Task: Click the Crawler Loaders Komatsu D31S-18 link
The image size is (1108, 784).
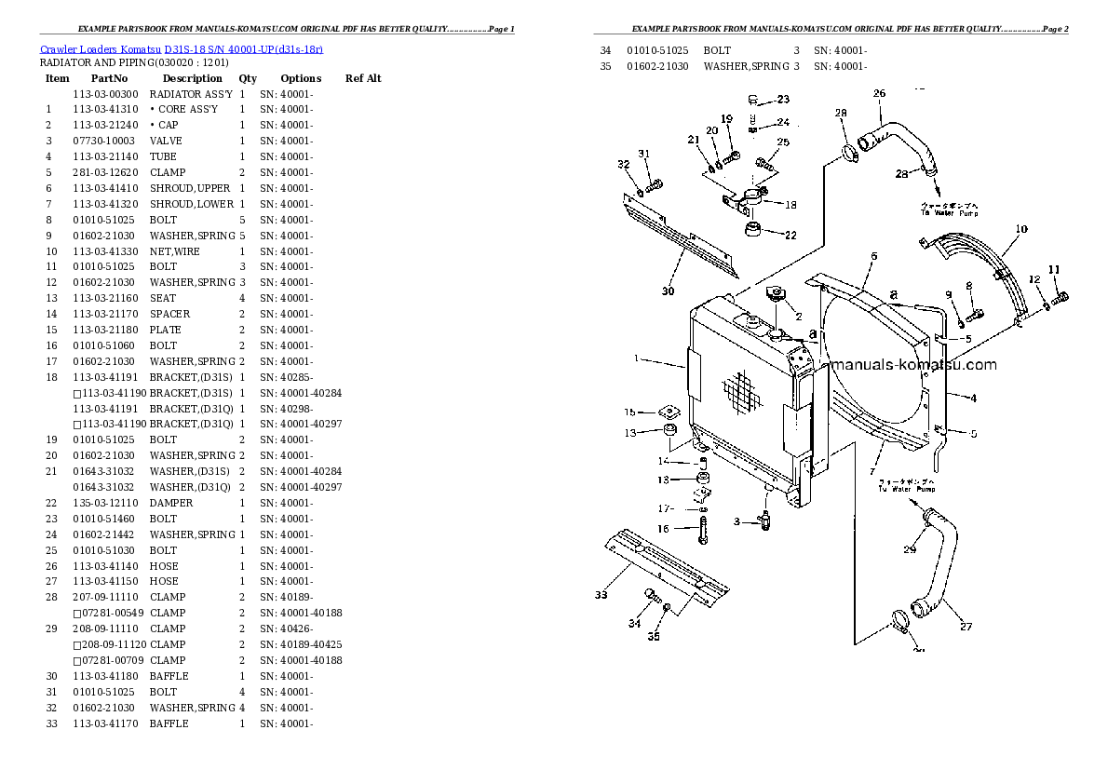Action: coord(182,48)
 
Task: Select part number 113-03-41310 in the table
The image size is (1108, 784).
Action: coord(104,109)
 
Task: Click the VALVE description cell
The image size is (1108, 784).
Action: coord(166,141)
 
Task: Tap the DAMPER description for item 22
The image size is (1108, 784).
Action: coord(171,503)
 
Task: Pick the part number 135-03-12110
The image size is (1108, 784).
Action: coord(104,503)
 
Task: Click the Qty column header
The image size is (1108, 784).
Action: coord(248,78)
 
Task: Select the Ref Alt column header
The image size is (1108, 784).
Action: coord(363,78)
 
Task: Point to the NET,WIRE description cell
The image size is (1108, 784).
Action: coord(174,251)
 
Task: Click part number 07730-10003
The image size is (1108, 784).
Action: coord(104,141)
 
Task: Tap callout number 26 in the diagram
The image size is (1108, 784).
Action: coord(879,93)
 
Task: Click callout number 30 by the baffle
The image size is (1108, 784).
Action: coord(668,291)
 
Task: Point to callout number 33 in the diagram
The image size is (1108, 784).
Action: coord(601,595)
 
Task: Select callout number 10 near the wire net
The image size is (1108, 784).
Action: coord(1021,229)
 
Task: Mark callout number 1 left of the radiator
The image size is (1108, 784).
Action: coord(637,358)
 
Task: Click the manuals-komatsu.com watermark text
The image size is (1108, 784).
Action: coord(913,365)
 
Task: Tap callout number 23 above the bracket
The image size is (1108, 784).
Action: coord(782,100)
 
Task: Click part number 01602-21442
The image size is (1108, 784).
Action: coord(104,534)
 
